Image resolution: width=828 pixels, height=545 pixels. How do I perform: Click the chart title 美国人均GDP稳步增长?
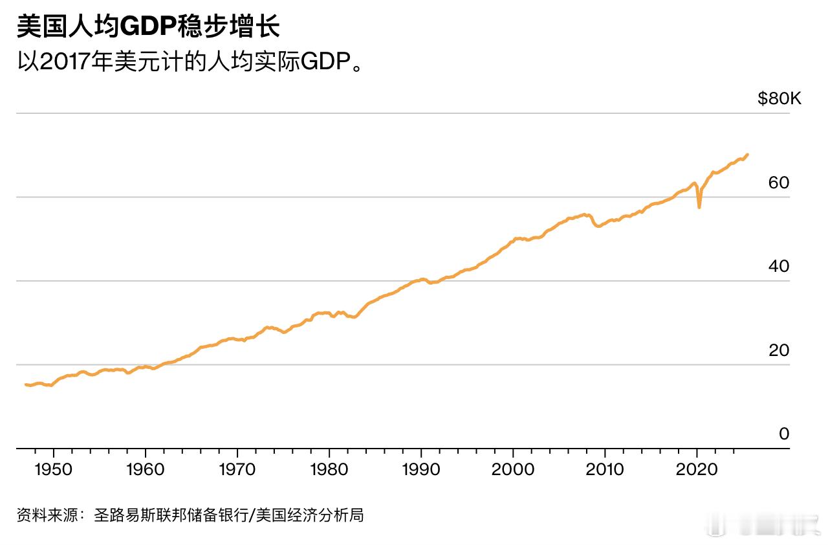click(x=148, y=27)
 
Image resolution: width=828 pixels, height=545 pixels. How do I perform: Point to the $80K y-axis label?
click(x=779, y=99)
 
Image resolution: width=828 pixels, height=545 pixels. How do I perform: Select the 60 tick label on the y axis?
click(x=779, y=183)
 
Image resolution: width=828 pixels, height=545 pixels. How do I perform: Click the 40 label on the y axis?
click(x=779, y=267)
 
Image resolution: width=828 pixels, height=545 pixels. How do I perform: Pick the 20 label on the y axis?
click(x=779, y=350)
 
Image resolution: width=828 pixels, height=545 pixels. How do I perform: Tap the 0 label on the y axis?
click(x=784, y=434)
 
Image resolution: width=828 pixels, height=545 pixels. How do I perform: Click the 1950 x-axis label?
click(x=54, y=469)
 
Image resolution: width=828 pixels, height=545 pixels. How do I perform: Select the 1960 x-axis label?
click(x=146, y=469)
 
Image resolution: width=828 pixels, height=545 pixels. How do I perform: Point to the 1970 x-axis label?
click(x=237, y=469)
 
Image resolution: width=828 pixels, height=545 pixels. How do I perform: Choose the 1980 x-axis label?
click(x=329, y=469)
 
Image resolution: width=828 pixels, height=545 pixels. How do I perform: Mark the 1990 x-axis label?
click(x=421, y=469)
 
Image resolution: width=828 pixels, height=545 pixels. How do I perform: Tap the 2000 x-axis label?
click(x=513, y=469)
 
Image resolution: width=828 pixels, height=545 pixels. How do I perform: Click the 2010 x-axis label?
click(x=605, y=469)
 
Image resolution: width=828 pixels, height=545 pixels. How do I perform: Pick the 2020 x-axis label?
click(x=697, y=469)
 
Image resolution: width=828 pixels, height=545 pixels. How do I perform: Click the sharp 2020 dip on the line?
click(x=699, y=206)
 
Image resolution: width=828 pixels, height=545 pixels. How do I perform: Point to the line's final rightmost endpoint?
click(x=748, y=155)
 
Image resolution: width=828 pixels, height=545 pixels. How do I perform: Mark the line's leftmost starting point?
click(x=26, y=384)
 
